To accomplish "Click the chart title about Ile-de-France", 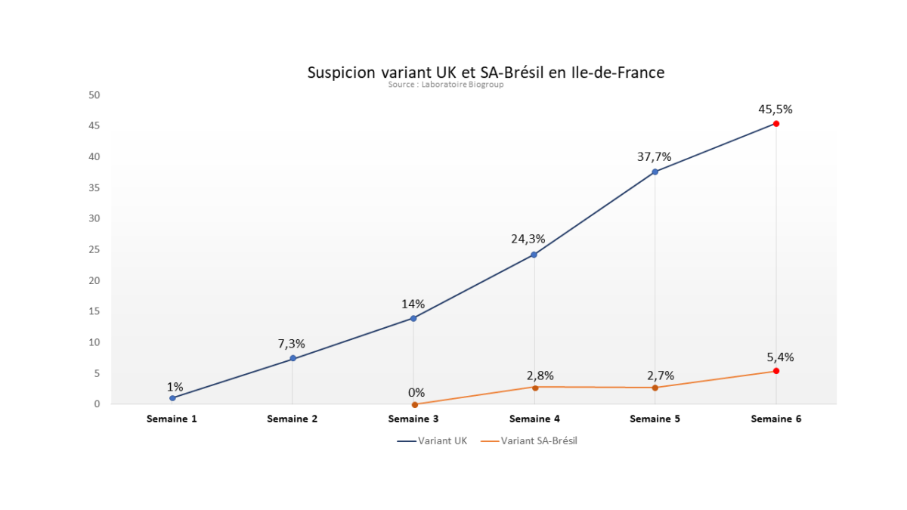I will (x=485, y=73).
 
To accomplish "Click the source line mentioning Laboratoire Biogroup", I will (x=445, y=85).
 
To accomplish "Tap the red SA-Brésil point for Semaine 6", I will (x=776, y=371).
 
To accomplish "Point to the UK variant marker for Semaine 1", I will (x=172, y=398).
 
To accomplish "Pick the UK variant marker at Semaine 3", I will (x=413, y=318).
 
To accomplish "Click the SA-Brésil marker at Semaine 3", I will (x=415, y=404).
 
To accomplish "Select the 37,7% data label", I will (x=655, y=157).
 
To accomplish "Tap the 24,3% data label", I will (x=528, y=239).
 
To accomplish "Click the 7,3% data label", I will (x=292, y=344).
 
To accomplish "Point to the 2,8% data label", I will (x=540, y=376).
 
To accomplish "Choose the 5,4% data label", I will (x=780, y=357).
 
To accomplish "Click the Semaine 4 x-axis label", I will (x=534, y=419).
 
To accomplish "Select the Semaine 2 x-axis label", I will (x=292, y=419).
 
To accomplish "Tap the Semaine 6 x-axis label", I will (x=776, y=419).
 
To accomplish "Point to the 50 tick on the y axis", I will (x=94, y=95).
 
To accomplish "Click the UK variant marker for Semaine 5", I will (x=655, y=172).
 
